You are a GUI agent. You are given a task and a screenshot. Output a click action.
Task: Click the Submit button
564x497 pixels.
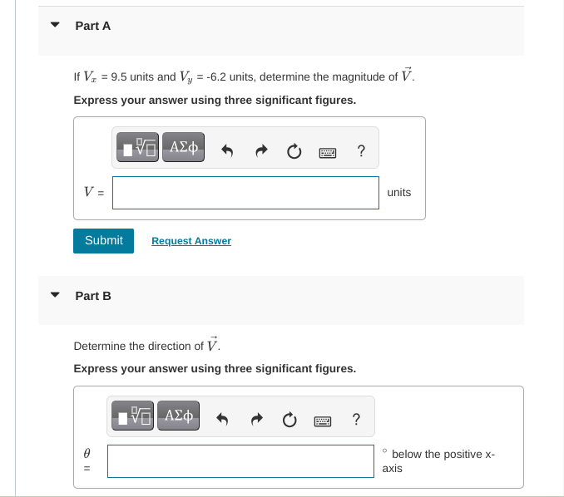coord(103,240)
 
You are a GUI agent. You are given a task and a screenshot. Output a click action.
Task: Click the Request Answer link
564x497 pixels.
coord(191,241)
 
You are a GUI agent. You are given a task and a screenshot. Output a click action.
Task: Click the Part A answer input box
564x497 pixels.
coord(245,193)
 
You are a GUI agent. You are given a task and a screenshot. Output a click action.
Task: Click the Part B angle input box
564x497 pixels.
coord(240,461)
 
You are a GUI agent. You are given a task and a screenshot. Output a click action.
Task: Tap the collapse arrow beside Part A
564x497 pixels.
coord(56,26)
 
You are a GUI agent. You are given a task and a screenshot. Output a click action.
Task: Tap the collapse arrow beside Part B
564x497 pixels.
coord(56,295)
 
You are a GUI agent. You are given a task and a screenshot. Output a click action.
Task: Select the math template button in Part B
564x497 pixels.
coord(133,416)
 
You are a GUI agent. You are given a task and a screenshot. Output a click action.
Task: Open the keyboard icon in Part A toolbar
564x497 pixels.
coord(327,152)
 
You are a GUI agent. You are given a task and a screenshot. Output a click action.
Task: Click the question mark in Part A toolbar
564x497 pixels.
coord(360,150)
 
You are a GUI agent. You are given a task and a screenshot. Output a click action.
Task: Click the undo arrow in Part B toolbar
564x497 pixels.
coord(223,419)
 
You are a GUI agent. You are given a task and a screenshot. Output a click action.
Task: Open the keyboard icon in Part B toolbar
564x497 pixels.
coord(323,420)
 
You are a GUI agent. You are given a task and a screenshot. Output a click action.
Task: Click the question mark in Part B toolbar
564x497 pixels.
coord(356,418)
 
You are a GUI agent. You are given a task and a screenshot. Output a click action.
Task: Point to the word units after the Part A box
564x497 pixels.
coord(399,193)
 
